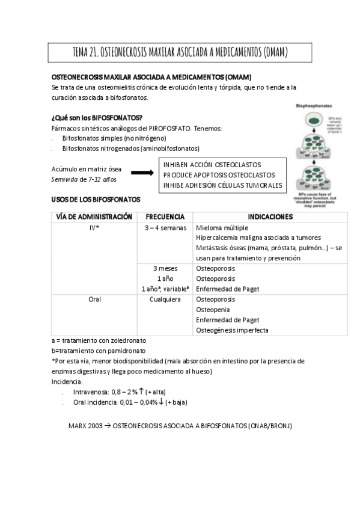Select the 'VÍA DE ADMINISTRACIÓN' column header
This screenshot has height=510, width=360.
93,217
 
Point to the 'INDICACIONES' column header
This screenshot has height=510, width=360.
270,217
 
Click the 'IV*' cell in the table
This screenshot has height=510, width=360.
94,229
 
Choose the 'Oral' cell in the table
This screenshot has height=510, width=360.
94,299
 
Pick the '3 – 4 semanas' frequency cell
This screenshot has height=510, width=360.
165,229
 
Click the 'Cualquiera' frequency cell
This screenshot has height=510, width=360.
165,299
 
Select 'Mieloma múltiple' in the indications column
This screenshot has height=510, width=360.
222,229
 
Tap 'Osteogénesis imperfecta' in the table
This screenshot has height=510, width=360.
233,330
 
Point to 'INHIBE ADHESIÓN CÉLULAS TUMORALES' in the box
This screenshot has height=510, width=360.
222,185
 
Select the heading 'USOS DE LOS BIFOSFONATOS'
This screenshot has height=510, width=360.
96,199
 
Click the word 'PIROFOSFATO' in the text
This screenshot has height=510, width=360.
172,128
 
